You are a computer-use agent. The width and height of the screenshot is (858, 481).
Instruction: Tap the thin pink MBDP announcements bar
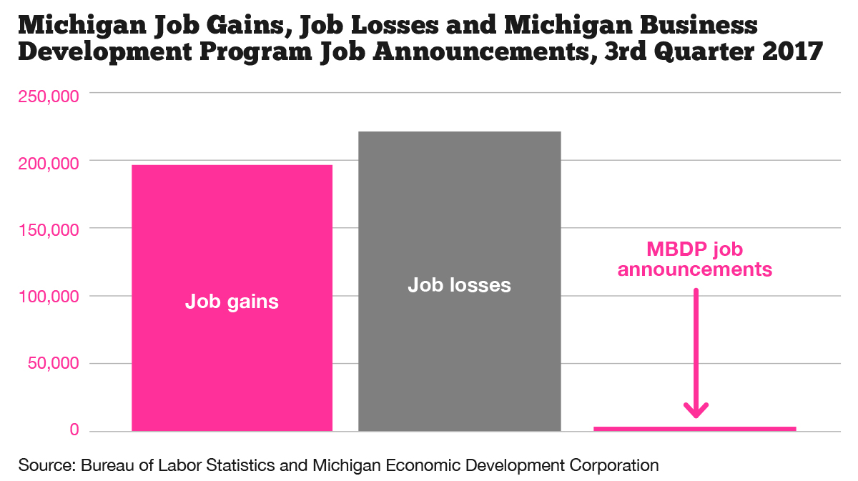click(x=694, y=428)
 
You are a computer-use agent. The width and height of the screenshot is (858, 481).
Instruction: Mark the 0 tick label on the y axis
click(x=74, y=430)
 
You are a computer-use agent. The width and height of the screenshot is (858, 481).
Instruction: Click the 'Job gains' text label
click(x=232, y=302)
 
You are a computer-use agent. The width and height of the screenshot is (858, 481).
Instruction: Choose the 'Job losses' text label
click(x=459, y=285)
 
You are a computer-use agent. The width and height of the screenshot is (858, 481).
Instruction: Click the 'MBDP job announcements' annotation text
click(x=695, y=259)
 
